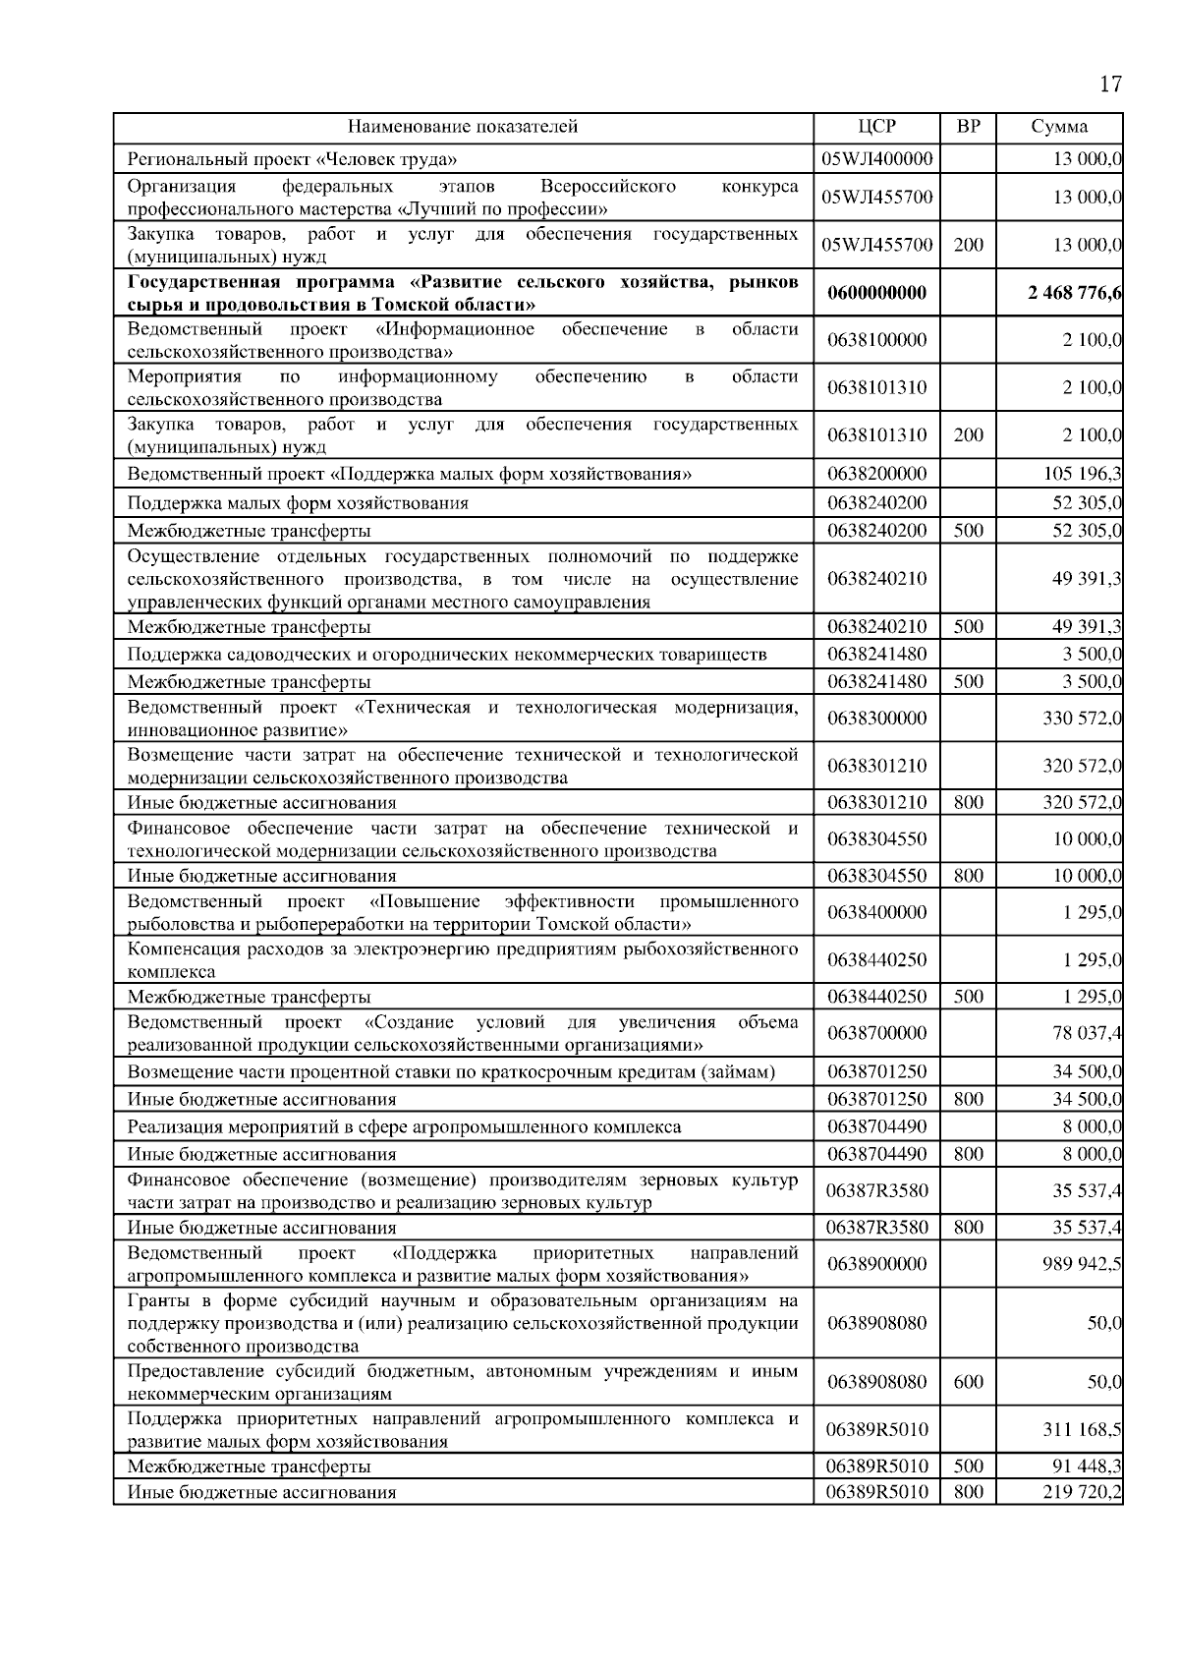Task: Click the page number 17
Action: (x=1109, y=84)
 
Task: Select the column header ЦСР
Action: (x=876, y=127)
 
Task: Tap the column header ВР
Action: (x=968, y=127)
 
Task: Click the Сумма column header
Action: (x=1059, y=127)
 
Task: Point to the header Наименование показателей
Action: (x=463, y=127)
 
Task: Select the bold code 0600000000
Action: (x=876, y=293)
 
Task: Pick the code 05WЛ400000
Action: (x=876, y=158)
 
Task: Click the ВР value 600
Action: (x=968, y=1382)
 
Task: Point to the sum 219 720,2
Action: (x=1083, y=1492)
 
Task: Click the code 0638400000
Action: (x=876, y=912)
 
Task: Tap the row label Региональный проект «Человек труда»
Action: (x=293, y=158)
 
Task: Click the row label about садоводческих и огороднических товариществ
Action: (x=447, y=654)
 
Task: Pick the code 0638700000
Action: (x=876, y=1033)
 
